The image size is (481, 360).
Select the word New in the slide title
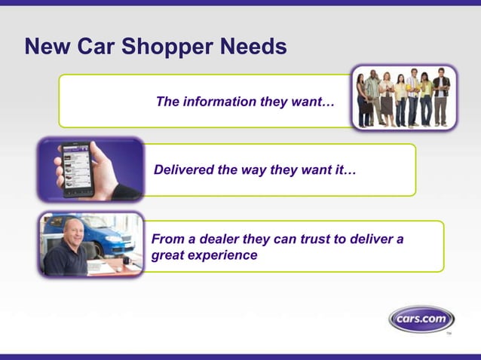(45, 47)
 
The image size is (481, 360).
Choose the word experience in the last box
(222, 255)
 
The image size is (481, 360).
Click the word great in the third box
(167, 255)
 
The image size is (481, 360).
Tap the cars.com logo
(421, 319)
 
